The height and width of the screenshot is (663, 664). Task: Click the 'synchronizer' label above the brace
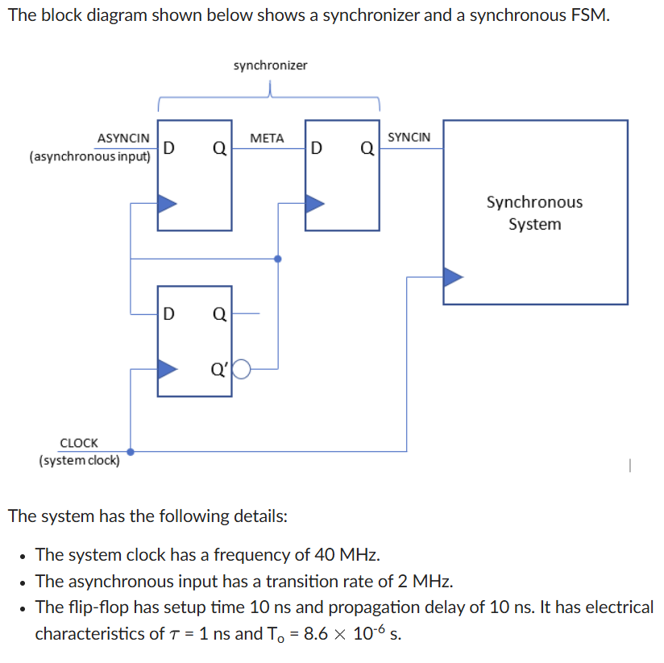[x=270, y=65]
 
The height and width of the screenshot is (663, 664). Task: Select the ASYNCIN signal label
[x=123, y=139]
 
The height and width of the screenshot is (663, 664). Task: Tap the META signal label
[x=267, y=139]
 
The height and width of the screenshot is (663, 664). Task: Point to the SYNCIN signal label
[x=409, y=138]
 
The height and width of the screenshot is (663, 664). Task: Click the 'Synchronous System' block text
[x=534, y=213]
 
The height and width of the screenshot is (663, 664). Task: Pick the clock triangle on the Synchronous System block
[x=454, y=276]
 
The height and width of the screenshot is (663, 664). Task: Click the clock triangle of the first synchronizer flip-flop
[x=167, y=204]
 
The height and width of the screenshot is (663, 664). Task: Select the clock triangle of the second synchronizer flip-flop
[x=314, y=204]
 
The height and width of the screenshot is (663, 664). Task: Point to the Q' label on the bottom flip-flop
[x=219, y=370]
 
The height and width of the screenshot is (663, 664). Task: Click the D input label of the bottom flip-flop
[x=169, y=314]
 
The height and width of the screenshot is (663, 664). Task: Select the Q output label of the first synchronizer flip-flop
[x=218, y=148]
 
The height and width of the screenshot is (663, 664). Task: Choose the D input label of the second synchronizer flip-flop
[x=317, y=148]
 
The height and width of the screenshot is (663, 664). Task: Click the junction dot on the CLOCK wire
[x=131, y=452]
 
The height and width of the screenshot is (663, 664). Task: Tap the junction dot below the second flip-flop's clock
[x=278, y=259]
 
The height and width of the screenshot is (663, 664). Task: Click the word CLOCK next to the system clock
[x=79, y=443]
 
